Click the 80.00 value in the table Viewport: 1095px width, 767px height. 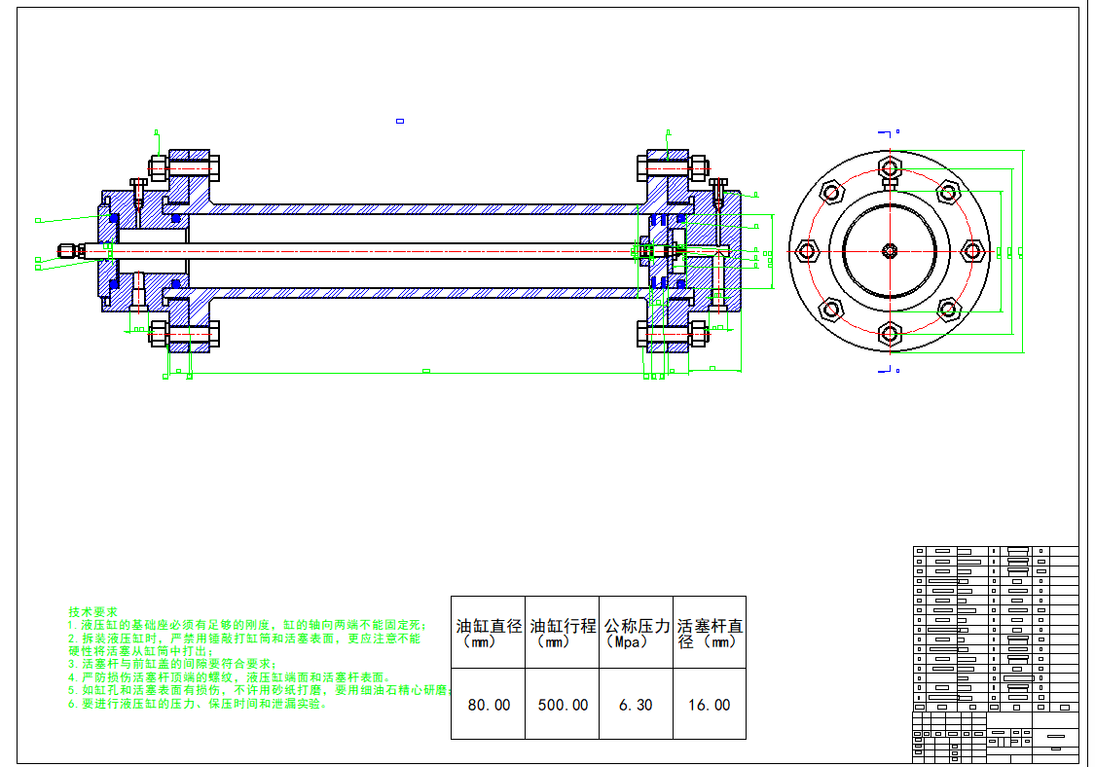point(489,705)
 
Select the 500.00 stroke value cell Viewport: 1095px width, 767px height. point(563,705)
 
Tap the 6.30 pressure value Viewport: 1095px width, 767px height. point(636,705)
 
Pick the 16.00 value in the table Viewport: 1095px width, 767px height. point(709,705)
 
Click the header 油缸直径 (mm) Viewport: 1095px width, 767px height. point(489,633)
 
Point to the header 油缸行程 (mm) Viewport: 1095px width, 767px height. point(563,633)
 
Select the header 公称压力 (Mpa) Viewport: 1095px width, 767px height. point(637,633)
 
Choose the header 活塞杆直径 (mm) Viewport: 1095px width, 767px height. point(710,633)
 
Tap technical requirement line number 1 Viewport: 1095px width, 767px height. point(248,624)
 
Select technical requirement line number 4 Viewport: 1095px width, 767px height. point(229,676)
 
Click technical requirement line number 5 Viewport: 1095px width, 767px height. point(258,690)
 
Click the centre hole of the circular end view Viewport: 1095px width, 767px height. point(890,251)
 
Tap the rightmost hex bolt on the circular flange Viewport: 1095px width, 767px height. point(971,251)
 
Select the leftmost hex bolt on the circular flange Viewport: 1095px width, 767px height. point(808,251)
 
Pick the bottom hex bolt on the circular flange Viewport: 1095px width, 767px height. point(890,334)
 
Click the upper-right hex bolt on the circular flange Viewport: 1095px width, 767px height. point(948,193)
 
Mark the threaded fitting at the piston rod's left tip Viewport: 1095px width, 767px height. point(68,250)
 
